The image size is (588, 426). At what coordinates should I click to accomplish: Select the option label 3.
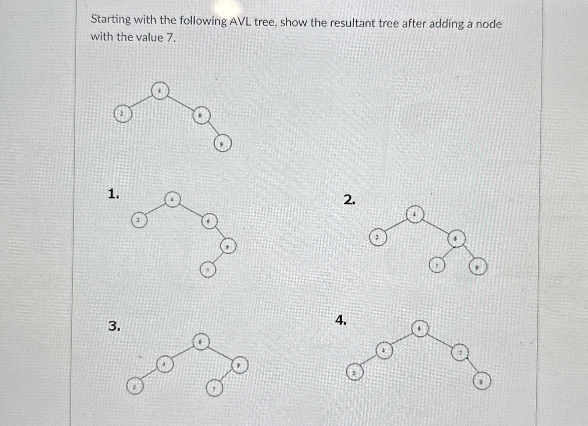[114, 326]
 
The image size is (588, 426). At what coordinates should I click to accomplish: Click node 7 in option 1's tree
[208, 270]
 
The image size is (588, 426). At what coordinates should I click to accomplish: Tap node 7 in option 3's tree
[214, 389]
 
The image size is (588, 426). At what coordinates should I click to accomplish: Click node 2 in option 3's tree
[135, 386]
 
